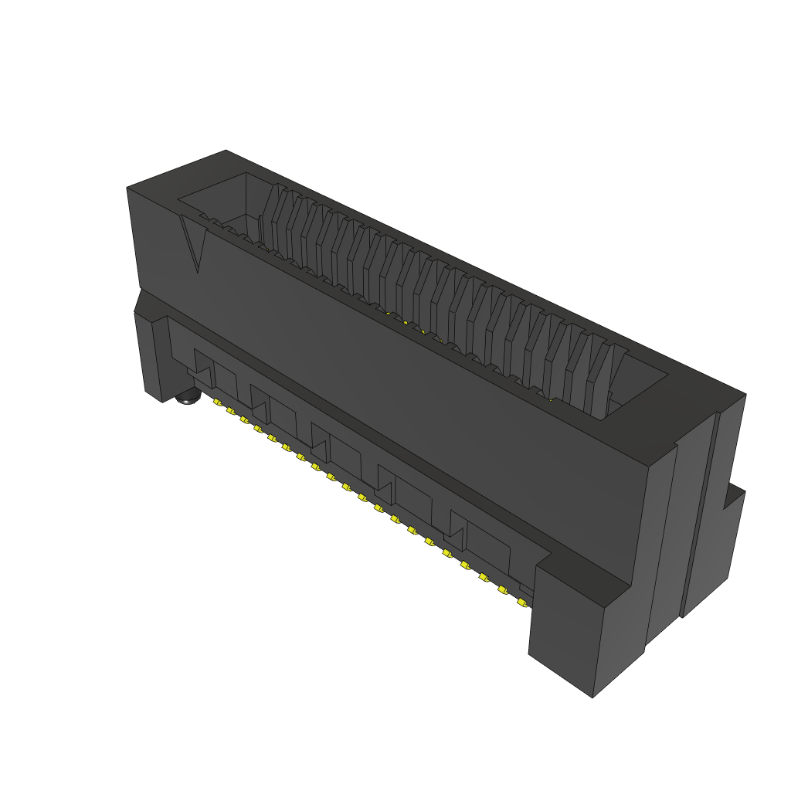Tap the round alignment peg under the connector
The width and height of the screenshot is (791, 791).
pos(188,399)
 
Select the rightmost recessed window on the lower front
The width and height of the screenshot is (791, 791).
pos(483,541)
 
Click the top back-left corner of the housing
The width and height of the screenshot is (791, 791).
pos(225,151)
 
